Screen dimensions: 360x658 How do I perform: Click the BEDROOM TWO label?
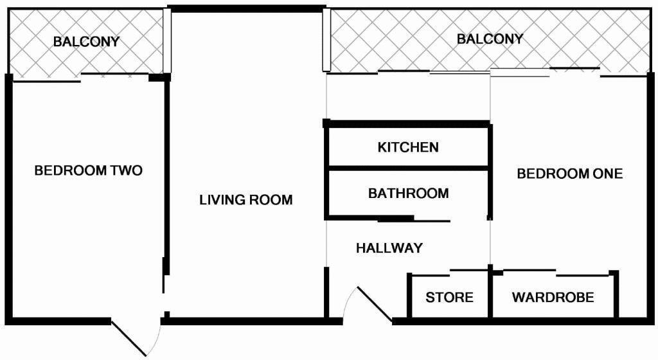pos(88,171)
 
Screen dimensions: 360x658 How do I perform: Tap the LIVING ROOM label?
pos(245,200)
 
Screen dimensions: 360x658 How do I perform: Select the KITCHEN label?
pos(408,147)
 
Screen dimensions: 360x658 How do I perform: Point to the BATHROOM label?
pos(408,193)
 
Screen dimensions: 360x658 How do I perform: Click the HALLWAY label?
pos(389,248)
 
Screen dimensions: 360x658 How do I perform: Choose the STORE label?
pos(449,298)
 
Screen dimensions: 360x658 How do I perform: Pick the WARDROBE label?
pos(553,298)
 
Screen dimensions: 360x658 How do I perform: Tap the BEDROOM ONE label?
pos(569,174)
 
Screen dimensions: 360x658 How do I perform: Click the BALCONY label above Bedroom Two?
pos(86,42)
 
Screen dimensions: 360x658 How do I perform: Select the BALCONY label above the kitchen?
pos(490,39)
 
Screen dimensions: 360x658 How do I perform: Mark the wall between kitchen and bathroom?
pos(408,168)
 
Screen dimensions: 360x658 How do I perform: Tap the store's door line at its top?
pos(469,270)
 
